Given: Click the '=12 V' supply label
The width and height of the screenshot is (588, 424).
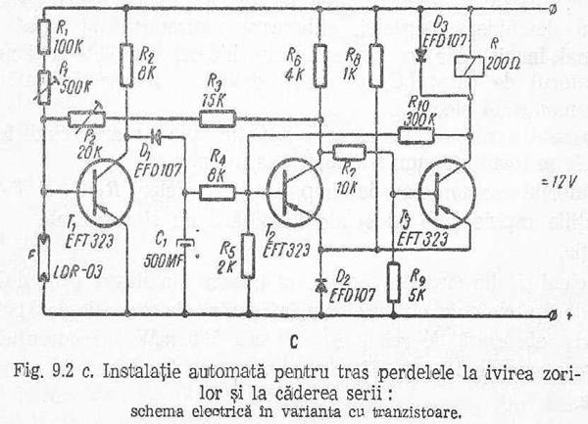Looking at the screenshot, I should point(535,184).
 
